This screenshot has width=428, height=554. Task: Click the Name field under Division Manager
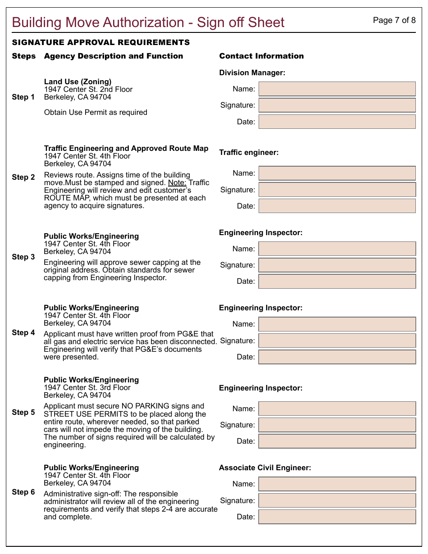coord(337,89)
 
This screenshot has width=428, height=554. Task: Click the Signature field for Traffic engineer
coord(337,190)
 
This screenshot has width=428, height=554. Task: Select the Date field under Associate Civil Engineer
coord(337,517)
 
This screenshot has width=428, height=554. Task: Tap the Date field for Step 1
coord(337,122)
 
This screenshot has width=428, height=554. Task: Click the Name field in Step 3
coord(337,249)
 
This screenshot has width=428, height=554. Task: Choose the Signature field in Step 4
coord(337,341)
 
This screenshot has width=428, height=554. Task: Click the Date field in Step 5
coord(337,441)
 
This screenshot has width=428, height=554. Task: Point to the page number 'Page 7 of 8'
coord(394,20)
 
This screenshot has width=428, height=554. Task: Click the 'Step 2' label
coord(23,177)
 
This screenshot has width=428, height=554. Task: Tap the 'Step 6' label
coord(23,492)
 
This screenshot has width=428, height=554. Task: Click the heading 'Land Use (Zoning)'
coord(77,82)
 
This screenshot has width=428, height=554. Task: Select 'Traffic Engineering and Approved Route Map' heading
coord(126,148)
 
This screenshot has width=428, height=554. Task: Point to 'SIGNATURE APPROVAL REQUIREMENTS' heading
coord(101,42)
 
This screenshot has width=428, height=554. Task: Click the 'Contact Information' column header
coord(261,56)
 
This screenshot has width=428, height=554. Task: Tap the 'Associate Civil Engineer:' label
coord(265,468)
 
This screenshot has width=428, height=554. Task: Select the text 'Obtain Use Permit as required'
coord(96,112)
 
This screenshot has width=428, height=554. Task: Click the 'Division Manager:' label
coord(252,73)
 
